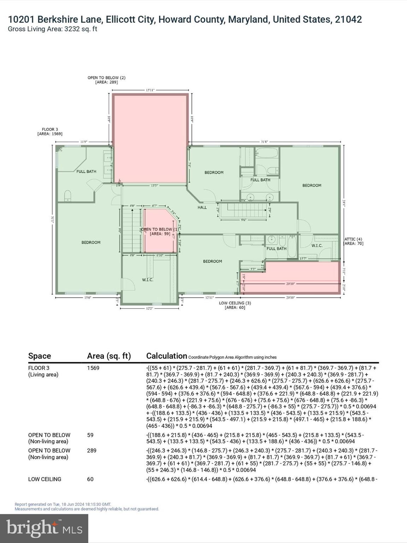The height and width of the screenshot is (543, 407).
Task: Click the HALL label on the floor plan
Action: pos(202,208)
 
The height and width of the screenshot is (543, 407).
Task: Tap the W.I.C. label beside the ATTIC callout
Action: pos(317,245)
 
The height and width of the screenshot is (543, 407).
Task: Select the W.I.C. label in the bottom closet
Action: pos(147,280)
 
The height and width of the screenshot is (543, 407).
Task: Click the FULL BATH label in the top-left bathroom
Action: pos(86,171)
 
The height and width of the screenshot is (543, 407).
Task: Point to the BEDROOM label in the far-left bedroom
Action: pos(91,243)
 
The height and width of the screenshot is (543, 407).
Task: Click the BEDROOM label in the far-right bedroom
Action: pos(312,185)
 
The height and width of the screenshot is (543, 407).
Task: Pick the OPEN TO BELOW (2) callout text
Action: pos(106,80)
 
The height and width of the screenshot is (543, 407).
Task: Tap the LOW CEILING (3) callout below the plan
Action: pos(235,305)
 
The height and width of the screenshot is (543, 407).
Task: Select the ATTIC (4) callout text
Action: pos(354,241)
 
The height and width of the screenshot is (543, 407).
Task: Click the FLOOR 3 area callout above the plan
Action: pos(50,132)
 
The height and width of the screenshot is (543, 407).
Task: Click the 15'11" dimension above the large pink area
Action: pos(150,90)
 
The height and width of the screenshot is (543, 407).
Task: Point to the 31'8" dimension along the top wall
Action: pos(264,142)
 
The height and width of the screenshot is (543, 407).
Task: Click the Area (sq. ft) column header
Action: pos(109,356)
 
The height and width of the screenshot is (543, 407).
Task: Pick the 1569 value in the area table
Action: pos(93,368)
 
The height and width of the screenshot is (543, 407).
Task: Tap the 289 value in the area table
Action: pos(92,451)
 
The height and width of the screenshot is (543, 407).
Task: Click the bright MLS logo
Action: pos(44,529)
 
